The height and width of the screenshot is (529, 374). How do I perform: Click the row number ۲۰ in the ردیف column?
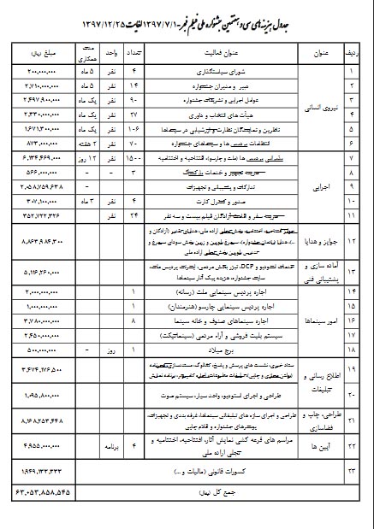click(x=351, y=396)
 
